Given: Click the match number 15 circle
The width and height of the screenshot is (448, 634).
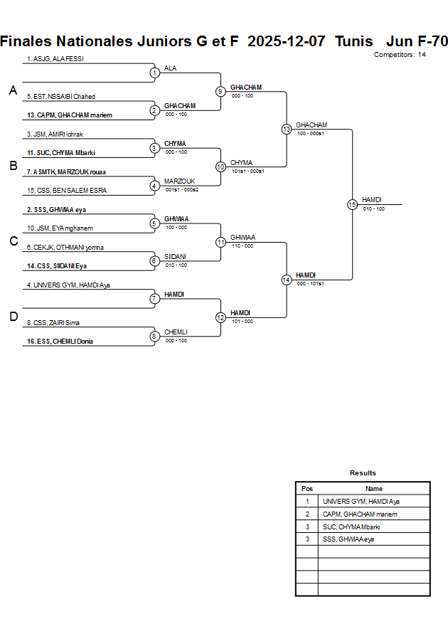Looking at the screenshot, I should point(352,204).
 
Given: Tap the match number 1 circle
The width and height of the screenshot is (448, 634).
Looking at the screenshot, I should point(154,73).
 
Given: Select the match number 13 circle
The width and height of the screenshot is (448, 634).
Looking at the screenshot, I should point(287,130).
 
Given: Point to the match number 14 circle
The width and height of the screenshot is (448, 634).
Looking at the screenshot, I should point(287,280).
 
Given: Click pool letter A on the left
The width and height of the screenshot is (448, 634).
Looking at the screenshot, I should point(13,90).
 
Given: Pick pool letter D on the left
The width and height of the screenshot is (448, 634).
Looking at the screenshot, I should point(13,317).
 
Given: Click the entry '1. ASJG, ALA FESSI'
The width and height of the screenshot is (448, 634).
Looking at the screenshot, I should point(55,59).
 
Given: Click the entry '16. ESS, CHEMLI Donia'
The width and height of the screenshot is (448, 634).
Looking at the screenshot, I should point(60,342).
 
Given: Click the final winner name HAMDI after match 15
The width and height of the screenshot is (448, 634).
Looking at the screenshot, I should point(373,200).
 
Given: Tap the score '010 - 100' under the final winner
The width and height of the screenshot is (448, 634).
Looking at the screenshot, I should point(374,209).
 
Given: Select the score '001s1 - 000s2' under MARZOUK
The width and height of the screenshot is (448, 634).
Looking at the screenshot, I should point(182,189).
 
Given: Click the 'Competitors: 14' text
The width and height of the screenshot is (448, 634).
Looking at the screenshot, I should point(400,55).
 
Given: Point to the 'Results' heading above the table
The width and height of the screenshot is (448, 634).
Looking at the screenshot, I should point(363,473).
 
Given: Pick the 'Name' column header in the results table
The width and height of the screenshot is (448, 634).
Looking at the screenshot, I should point(374,489).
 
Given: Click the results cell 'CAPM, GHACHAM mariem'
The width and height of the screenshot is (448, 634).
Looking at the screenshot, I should point(360,514).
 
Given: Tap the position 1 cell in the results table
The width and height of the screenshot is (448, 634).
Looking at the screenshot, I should point(307,501).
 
